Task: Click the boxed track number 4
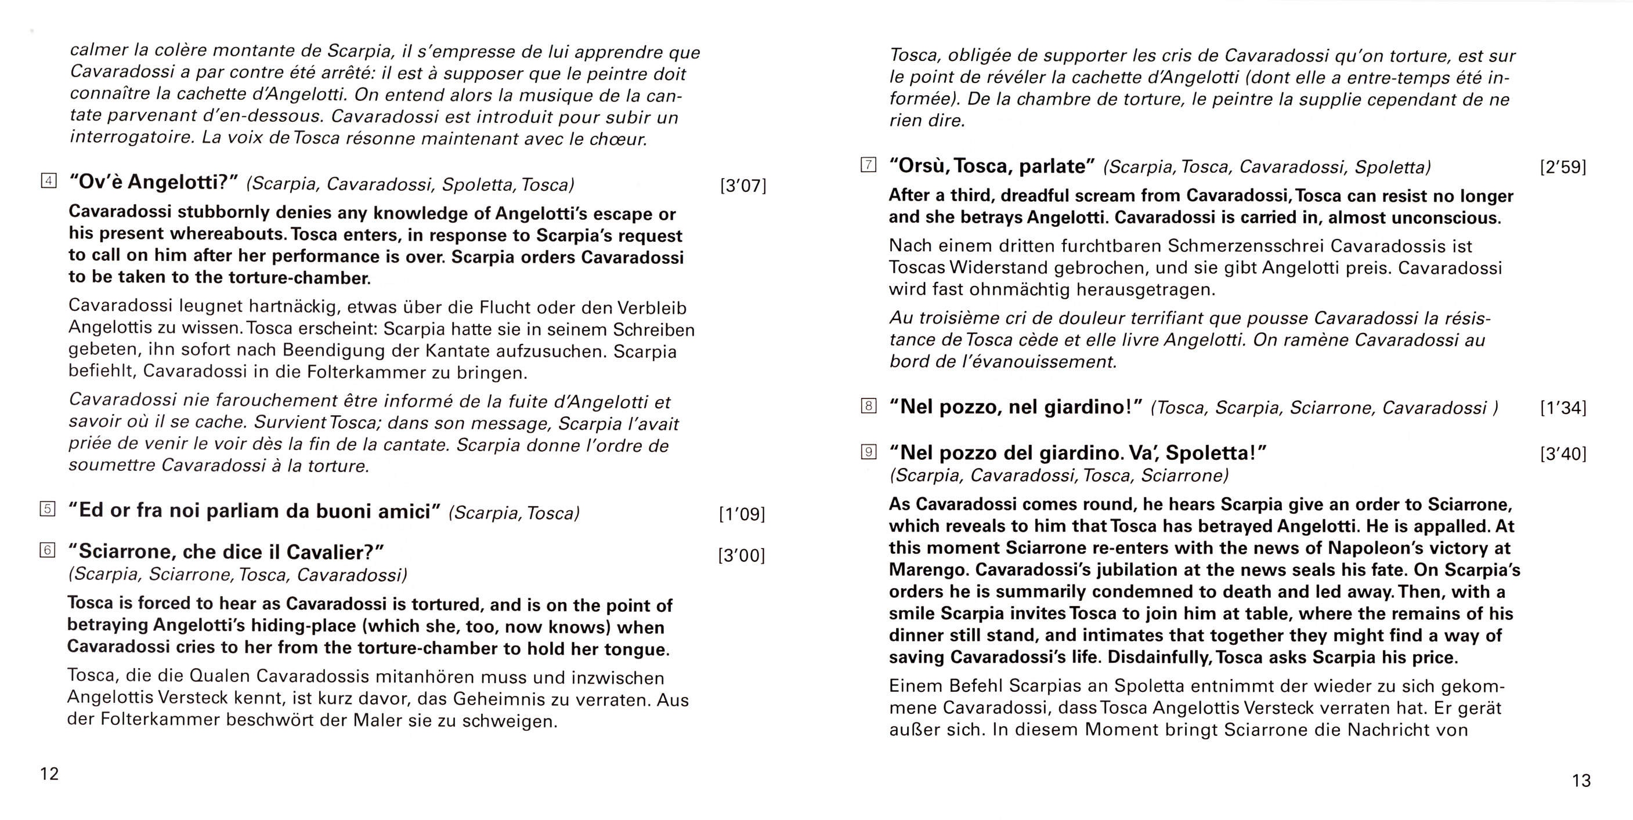pos(48,182)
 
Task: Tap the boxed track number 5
pos(48,509)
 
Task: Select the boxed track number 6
pos(48,550)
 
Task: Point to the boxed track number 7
pos(869,165)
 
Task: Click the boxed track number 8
pos(869,406)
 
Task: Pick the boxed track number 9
pos(869,452)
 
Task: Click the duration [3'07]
pos(743,186)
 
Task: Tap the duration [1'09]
pos(742,514)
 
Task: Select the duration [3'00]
pos(742,556)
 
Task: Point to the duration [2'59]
pos(1563,167)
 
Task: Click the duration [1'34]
pos(1563,408)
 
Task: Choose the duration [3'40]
pos(1563,453)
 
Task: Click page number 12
pos(49,774)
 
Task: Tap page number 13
pos(1581,781)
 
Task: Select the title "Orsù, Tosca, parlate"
pos(991,166)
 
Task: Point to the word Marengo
pos(926,569)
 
